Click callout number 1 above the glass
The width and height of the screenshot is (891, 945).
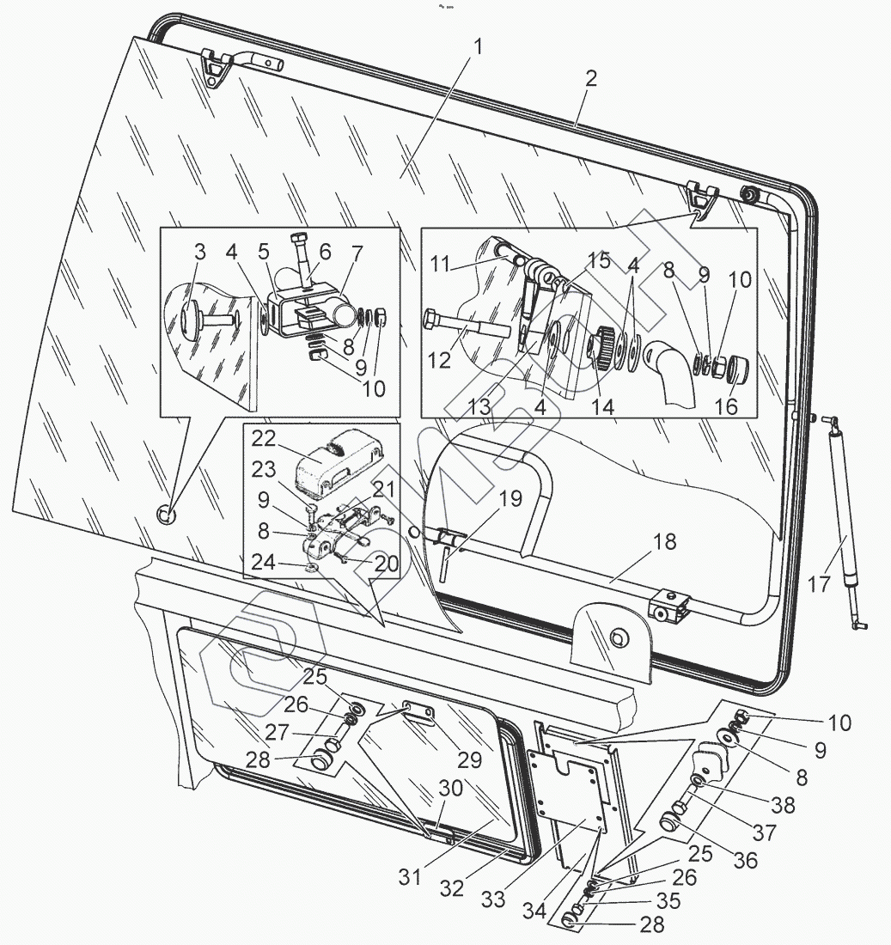coord(478,48)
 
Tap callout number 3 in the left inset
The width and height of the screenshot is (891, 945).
coord(199,253)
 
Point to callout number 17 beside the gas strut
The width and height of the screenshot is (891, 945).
coord(819,584)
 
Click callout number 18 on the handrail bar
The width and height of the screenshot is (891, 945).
coord(664,542)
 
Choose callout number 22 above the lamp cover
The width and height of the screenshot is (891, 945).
coord(263,438)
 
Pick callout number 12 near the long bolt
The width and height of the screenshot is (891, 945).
coord(439,361)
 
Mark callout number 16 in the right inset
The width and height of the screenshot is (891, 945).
coord(726,405)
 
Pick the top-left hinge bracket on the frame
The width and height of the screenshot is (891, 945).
coord(214,67)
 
